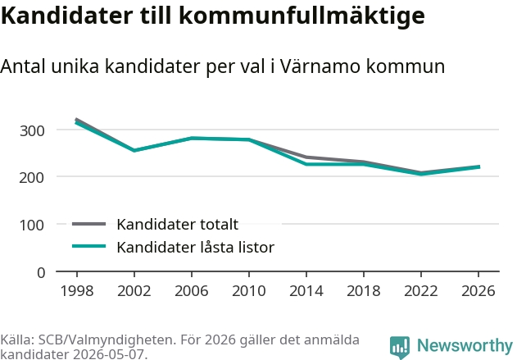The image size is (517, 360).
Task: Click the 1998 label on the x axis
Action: coord(77,291)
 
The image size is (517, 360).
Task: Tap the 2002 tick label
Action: coord(134,291)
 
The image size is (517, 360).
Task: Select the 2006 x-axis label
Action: coord(192,291)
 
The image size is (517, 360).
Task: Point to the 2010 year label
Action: coord(249,291)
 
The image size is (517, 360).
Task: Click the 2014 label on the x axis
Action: coord(306,291)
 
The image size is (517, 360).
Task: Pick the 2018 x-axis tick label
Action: coord(364,291)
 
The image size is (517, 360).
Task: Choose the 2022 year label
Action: coord(421,291)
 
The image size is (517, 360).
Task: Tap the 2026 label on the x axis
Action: coord(478,291)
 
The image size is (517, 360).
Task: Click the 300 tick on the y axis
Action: coord(32,131)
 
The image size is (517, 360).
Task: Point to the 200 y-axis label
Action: coord(32,178)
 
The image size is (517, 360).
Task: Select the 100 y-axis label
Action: coord(32,226)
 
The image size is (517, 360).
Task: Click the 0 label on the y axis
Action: coord(41,273)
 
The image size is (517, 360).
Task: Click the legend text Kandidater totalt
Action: coord(178,225)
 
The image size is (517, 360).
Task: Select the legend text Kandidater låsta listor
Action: coord(196,247)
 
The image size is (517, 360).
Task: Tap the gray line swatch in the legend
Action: coord(89,224)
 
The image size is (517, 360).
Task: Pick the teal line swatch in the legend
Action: coord(89,246)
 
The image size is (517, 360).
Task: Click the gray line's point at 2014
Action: coord(306,157)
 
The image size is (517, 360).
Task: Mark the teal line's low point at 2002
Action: coord(134,150)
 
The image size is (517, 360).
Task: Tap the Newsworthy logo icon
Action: coord(400,347)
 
